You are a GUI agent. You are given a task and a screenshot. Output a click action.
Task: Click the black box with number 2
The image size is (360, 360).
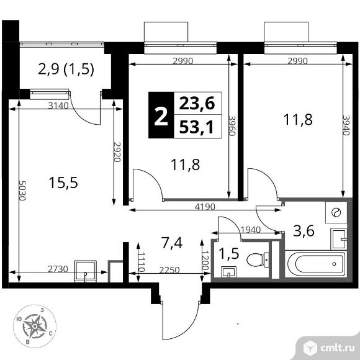161,116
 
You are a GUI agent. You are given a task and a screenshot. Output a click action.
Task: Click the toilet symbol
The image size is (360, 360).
257,259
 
